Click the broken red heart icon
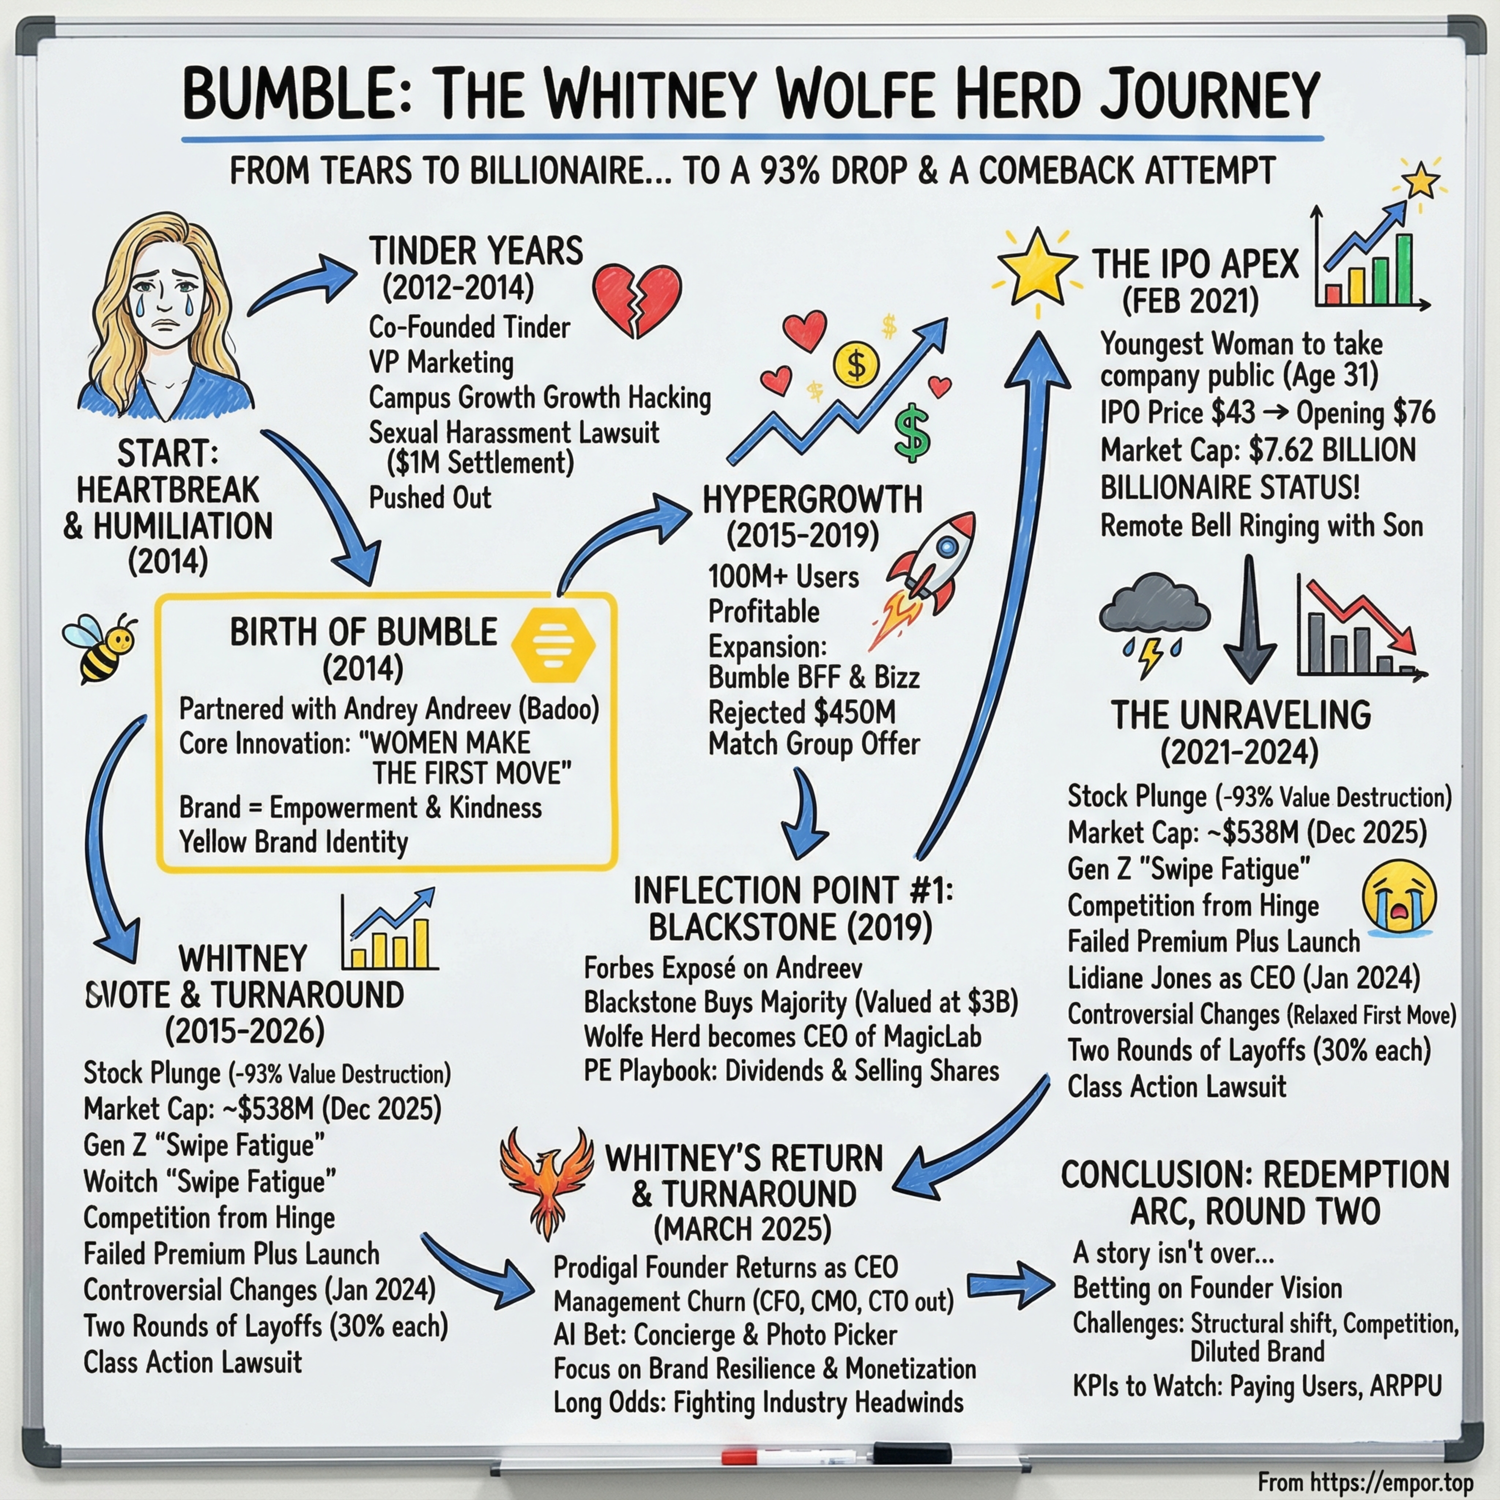pyautogui.click(x=636, y=299)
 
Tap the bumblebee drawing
pyautogui.click(x=98, y=646)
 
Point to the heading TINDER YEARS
pyautogui.click(x=476, y=251)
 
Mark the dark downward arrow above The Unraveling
pyautogui.click(x=1249, y=619)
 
